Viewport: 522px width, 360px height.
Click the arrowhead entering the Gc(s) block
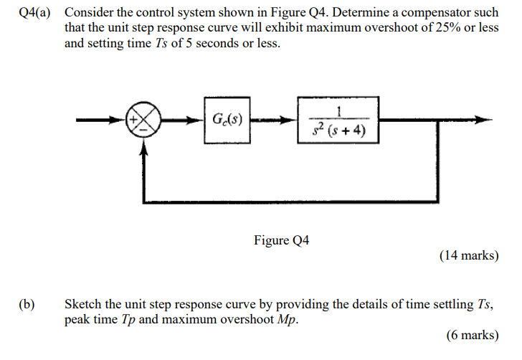pyautogui.click(x=198, y=120)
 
